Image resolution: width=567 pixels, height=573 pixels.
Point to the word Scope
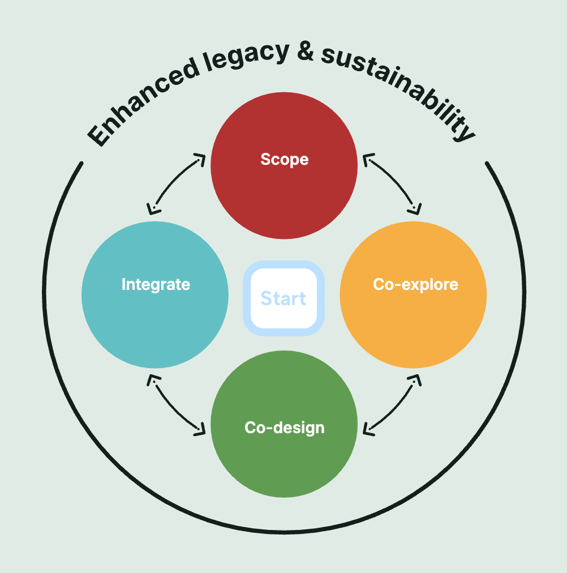[285, 160]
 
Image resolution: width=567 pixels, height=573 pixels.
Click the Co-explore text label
[415, 284]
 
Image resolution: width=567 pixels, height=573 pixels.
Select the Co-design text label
[285, 427]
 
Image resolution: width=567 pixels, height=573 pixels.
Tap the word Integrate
[156, 284]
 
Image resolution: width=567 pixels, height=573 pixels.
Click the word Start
[283, 298]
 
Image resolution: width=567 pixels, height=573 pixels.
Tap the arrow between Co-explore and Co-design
[392, 405]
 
